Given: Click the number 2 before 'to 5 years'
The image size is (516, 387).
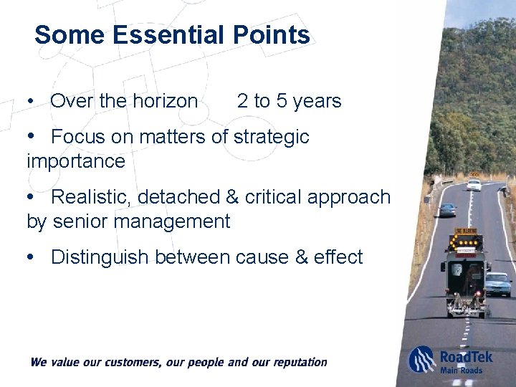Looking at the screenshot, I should [x=242, y=101].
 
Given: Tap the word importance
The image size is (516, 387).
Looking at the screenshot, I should [x=75, y=161].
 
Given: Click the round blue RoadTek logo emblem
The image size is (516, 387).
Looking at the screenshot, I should [x=421, y=359].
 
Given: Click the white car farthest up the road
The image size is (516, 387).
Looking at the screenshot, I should [x=474, y=185].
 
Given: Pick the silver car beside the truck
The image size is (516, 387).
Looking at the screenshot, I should [x=497, y=284].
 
